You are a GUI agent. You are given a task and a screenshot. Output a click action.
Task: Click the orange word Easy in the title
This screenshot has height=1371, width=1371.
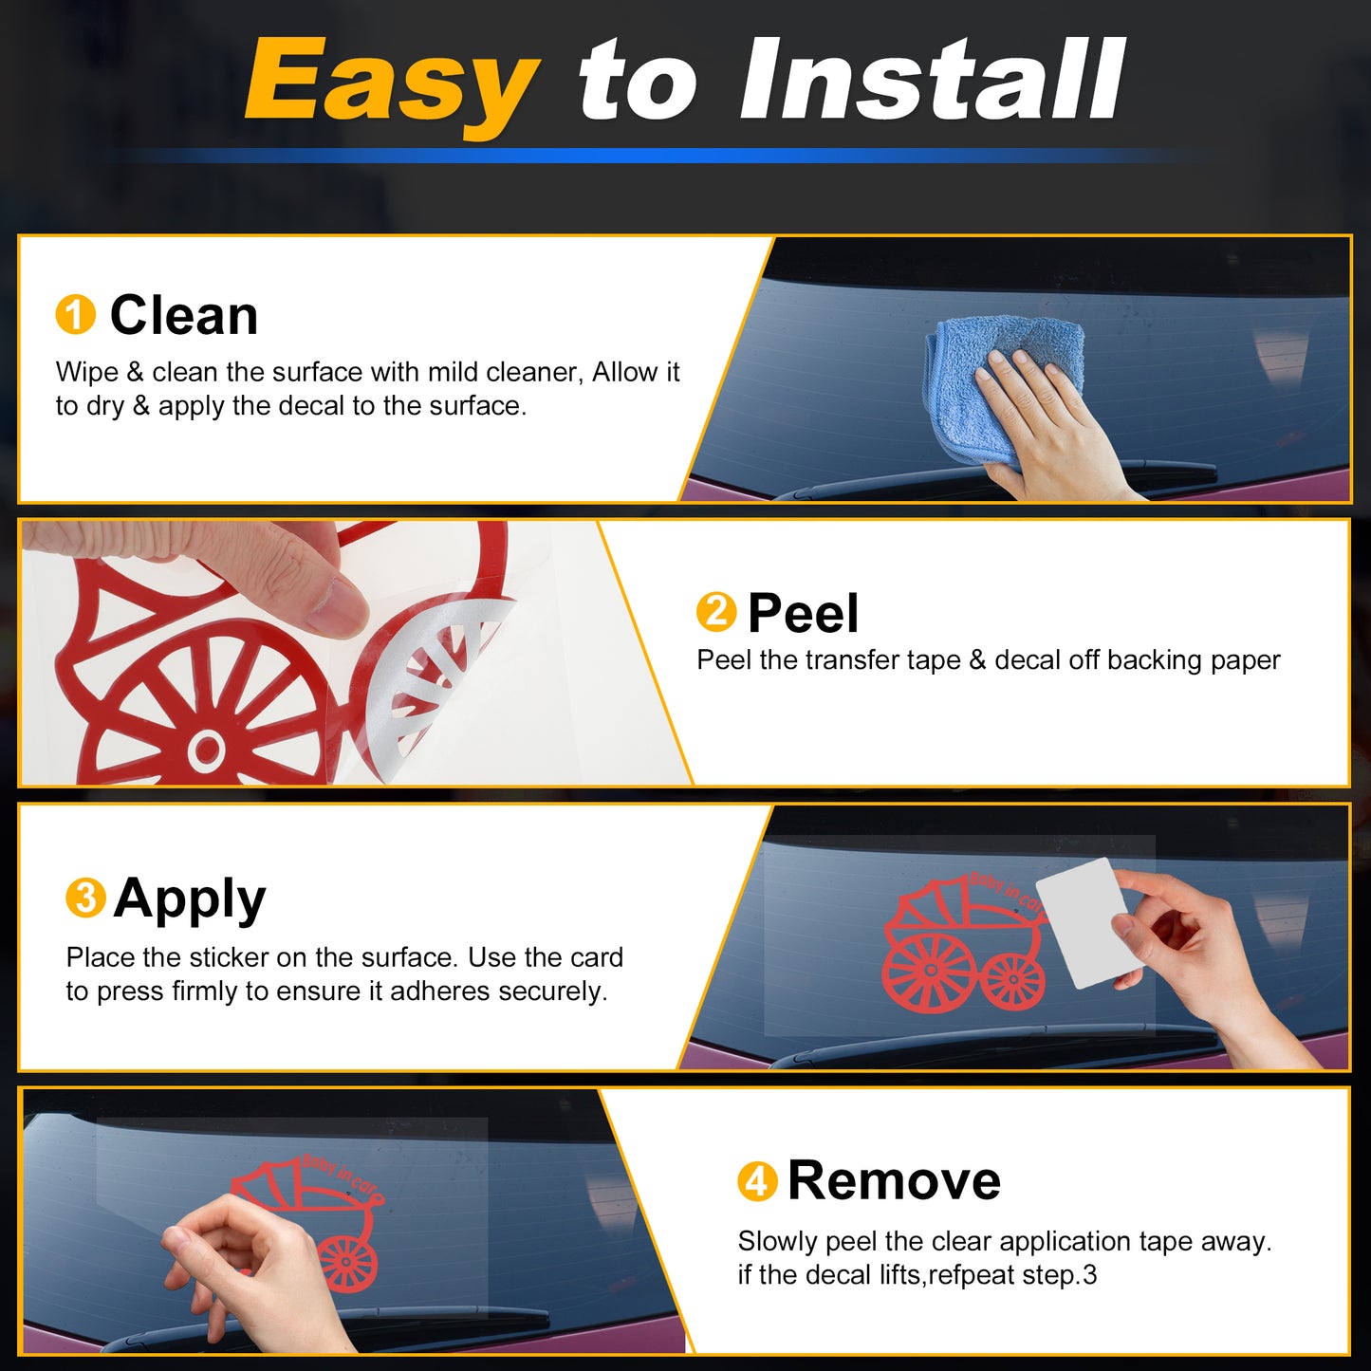tap(391, 83)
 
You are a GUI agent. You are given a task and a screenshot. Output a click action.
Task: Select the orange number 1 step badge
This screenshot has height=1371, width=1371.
tap(75, 314)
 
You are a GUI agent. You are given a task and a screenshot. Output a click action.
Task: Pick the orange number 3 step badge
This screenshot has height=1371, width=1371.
tap(85, 898)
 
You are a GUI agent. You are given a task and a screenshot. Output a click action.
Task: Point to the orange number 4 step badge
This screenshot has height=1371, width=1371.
tap(757, 1181)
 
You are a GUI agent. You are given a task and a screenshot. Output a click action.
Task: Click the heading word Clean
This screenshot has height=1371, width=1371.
tap(183, 314)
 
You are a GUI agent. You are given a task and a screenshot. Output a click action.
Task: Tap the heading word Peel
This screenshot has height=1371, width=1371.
tap(803, 612)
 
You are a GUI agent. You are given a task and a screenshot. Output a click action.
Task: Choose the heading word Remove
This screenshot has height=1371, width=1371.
tap(895, 1181)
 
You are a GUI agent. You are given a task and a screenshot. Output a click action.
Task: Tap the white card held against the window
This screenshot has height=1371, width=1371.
tap(1080, 923)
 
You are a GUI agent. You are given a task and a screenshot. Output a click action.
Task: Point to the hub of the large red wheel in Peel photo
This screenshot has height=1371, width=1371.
tap(206, 749)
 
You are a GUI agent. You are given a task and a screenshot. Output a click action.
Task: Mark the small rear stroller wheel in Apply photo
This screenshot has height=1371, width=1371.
tap(1012, 981)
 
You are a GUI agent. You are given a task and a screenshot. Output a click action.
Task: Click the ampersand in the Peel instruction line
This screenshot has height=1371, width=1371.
tap(977, 660)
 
